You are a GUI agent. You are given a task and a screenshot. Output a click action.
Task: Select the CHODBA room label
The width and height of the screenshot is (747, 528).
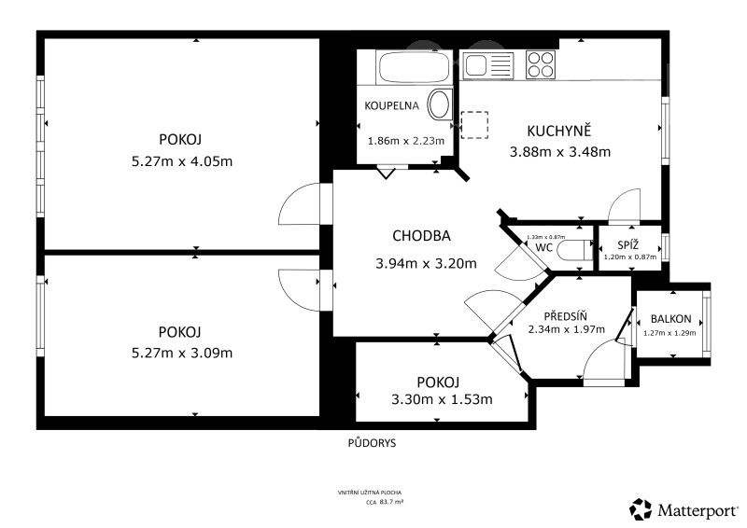coord(422,236)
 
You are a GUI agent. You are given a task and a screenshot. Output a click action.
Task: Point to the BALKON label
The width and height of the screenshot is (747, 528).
coord(671,318)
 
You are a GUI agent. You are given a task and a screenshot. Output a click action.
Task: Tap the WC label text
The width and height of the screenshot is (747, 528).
coord(545,248)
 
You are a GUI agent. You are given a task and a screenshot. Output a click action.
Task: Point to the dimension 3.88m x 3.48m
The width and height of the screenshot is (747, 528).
coord(559,152)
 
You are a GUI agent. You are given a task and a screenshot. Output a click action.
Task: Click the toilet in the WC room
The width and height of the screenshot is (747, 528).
coord(580,248)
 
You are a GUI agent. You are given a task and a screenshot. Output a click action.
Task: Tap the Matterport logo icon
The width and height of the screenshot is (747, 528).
coord(641,509)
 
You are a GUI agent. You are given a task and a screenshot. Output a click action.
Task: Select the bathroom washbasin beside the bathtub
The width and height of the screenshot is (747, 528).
coord(439,104)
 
